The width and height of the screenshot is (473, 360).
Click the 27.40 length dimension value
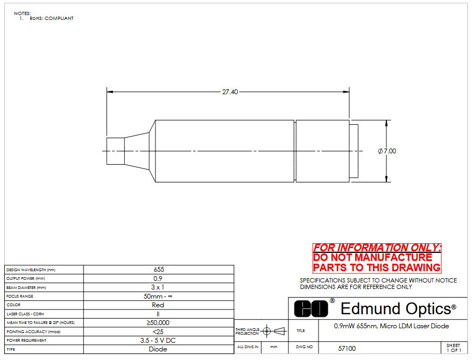[230, 91]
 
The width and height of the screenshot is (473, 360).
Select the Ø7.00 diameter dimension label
[387, 151]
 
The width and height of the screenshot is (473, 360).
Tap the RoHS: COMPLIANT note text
[52, 18]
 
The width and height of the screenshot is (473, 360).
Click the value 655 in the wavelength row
[159, 270]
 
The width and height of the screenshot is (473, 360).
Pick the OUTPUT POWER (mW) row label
[26, 279]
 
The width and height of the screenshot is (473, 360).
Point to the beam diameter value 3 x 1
[158, 287]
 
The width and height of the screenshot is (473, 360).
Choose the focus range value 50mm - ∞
[158, 297]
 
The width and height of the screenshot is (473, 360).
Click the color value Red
[158, 305]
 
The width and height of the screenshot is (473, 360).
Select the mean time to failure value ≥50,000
[158, 323]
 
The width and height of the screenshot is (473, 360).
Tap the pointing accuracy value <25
[158, 332]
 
